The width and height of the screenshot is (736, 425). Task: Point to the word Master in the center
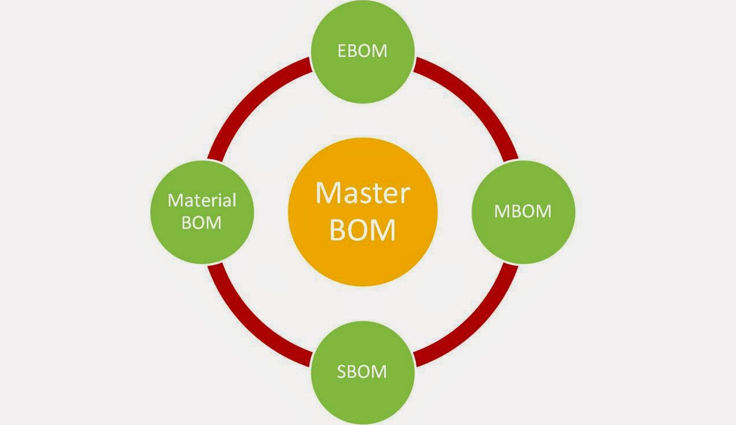tap(362, 193)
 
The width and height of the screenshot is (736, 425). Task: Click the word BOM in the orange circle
tap(362, 230)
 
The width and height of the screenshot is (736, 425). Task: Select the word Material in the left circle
tap(202, 201)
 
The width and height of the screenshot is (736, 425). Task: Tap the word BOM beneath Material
tap(202, 223)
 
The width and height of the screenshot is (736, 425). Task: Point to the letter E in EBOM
tap(342, 51)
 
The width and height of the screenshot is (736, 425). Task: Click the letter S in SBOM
tap(342, 372)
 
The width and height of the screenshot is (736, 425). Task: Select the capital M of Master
tap(327, 193)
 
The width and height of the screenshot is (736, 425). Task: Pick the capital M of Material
tap(174, 201)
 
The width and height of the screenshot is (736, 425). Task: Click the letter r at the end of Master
tap(405, 196)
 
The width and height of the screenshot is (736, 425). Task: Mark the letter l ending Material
tap(234, 200)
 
